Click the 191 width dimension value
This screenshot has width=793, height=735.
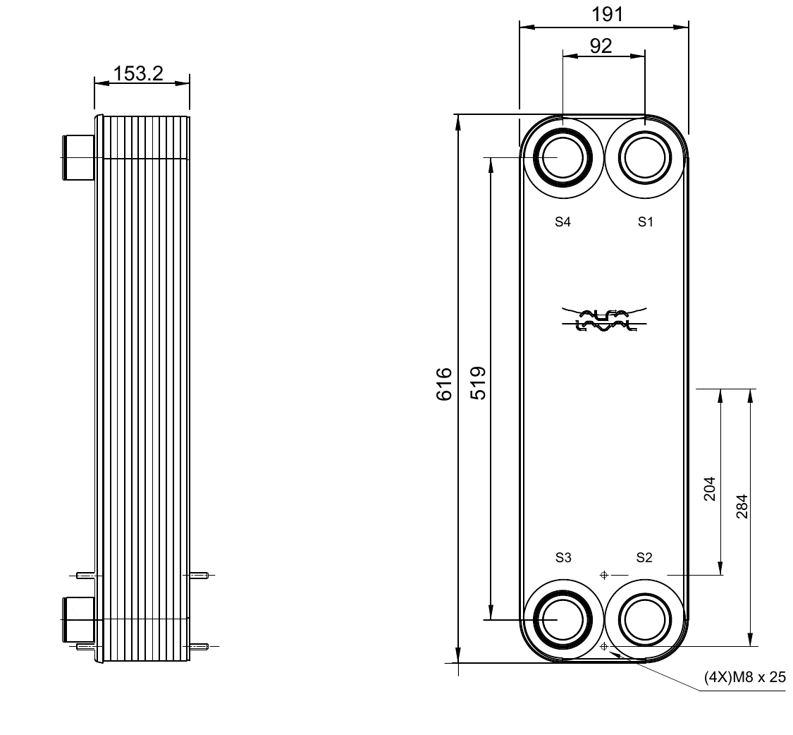click(x=608, y=14)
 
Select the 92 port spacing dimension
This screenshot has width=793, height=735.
click(x=601, y=46)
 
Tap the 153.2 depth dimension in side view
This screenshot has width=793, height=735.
click(x=138, y=73)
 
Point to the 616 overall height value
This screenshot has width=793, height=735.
click(x=443, y=384)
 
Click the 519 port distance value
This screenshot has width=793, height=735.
click(x=478, y=384)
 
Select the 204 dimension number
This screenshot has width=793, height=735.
click(x=709, y=489)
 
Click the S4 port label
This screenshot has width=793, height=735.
click(x=562, y=222)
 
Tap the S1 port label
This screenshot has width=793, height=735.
click(x=646, y=222)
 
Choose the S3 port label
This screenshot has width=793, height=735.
click(x=563, y=558)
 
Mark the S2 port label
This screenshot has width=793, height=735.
click(x=644, y=558)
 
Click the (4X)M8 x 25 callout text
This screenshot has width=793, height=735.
click(x=744, y=678)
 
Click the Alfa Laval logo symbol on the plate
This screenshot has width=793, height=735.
click(x=603, y=320)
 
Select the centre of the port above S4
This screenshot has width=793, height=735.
click(x=563, y=157)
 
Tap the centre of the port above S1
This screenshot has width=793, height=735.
click(x=645, y=157)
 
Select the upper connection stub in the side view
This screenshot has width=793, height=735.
click(x=78, y=157)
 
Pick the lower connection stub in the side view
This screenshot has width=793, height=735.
click(x=78, y=619)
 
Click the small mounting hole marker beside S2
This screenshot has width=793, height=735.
click(x=603, y=575)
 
